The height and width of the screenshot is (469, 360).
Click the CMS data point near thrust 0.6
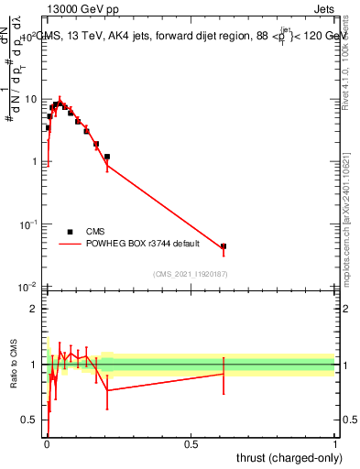coord(224,246)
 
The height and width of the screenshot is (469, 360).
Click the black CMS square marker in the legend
coord(70,233)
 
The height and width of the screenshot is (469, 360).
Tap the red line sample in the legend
coord(70,244)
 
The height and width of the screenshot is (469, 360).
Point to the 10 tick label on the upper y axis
coord(29,99)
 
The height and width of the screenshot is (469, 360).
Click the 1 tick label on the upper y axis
coord(33,162)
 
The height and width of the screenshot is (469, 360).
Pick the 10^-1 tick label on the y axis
coord(28,224)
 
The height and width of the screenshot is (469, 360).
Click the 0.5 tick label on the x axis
coord(191,444)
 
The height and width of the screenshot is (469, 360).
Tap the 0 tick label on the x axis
coord(47,444)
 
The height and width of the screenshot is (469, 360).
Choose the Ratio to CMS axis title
coord(14,365)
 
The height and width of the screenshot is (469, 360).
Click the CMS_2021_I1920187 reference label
coord(191,274)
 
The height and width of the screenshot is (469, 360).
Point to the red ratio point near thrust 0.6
coord(224,374)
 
